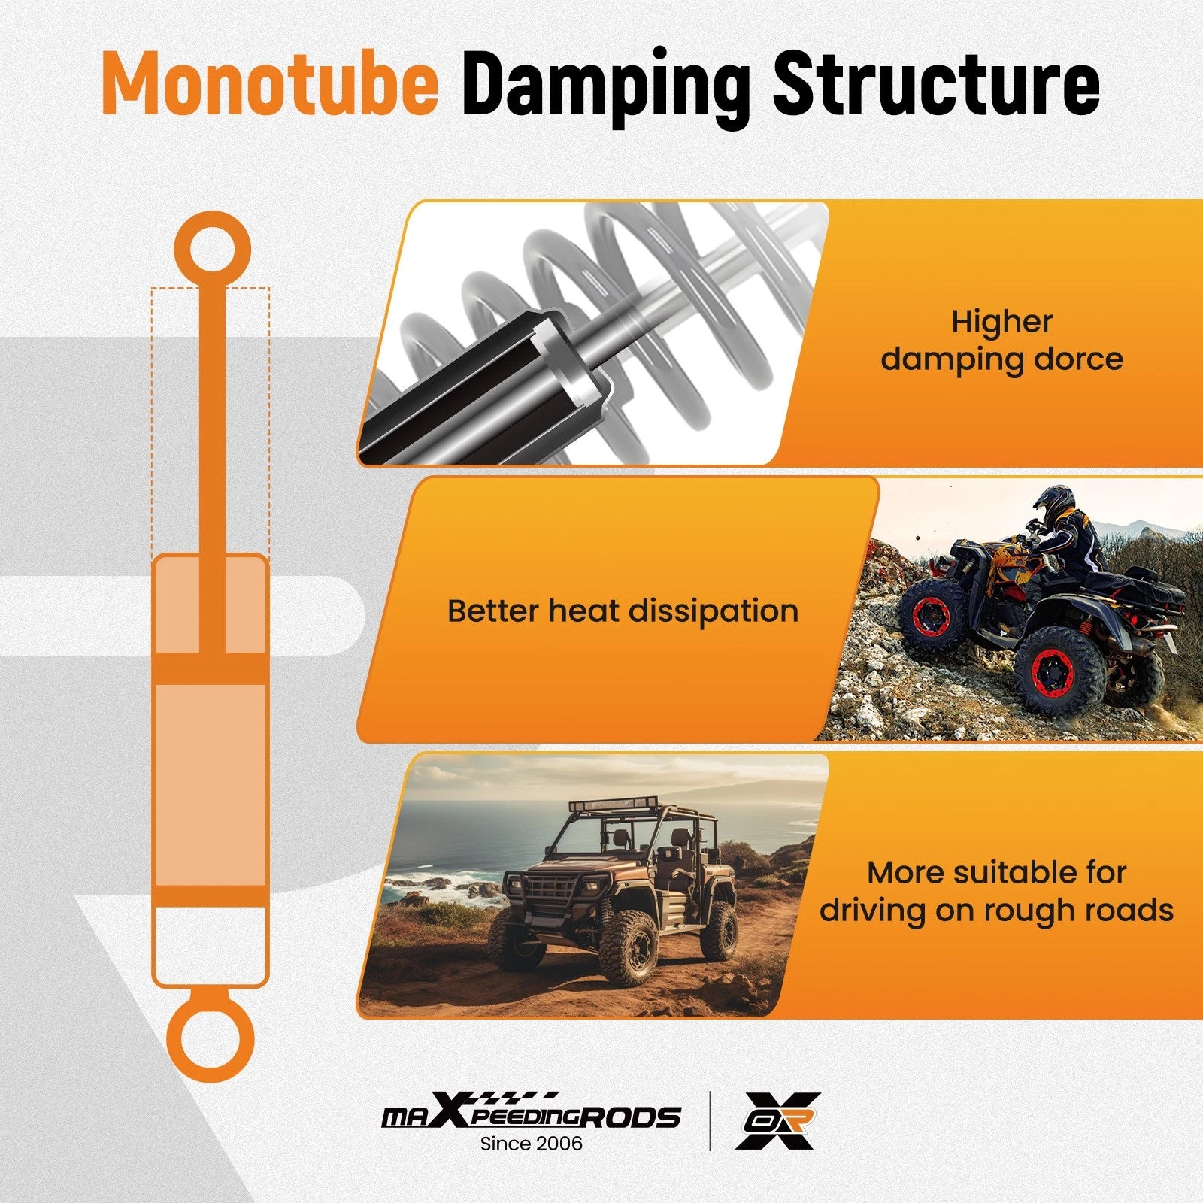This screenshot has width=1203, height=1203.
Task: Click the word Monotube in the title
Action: (x=270, y=83)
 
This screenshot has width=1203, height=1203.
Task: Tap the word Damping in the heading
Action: (x=606, y=86)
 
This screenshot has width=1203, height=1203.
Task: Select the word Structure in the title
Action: (x=936, y=83)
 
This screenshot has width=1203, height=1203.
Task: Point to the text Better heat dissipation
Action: (x=623, y=611)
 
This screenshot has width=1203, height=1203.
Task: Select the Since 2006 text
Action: (x=531, y=1144)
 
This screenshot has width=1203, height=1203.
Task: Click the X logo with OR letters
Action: (x=777, y=1120)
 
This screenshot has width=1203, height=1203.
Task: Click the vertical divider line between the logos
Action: (x=709, y=1120)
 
